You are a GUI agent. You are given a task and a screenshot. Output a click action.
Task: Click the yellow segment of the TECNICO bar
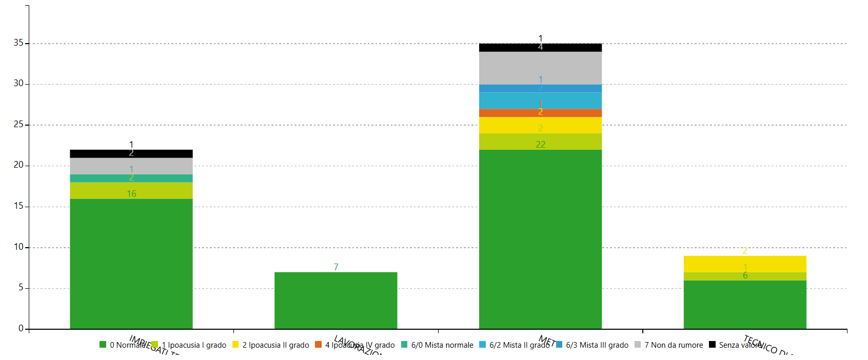[x=744, y=264]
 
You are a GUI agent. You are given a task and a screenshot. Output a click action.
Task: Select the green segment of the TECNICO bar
[x=744, y=305]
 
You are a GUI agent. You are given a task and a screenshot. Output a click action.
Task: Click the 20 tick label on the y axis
[x=18, y=165]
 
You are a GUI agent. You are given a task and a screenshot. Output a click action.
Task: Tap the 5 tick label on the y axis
[x=21, y=288]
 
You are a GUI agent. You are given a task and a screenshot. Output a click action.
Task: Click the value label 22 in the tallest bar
[x=540, y=145]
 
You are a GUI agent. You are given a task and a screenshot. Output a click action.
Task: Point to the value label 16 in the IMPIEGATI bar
[x=131, y=194]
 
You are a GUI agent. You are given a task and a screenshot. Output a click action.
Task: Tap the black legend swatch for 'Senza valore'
[x=712, y=345]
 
